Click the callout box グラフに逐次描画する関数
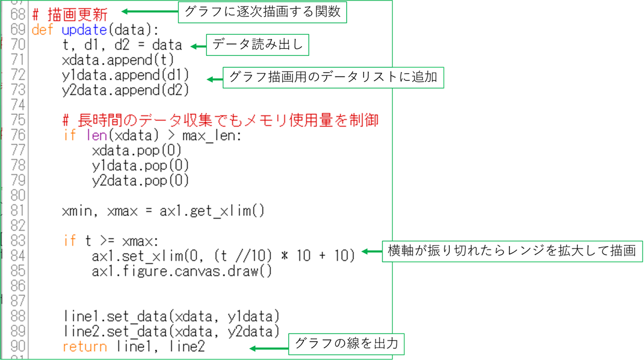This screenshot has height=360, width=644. click(x=262, y=12)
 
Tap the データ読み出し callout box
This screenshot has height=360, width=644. click(x=257, y=45)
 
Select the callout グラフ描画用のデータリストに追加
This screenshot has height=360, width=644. click(x=333, y=78)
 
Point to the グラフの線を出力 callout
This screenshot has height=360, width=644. click(x=347, y=343)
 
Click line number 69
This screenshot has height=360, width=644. click(x=17, y=29)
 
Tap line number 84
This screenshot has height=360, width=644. click(x=17, y=255)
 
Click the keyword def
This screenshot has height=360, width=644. click(x=42, y=29)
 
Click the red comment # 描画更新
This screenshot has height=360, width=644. click(x=70, y=14)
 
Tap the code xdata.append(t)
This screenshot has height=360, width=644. click(x=118, y=60)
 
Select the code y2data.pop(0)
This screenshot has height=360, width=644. click(x=141, y=180)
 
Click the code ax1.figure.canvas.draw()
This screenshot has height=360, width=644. click(x=182, y=270)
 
